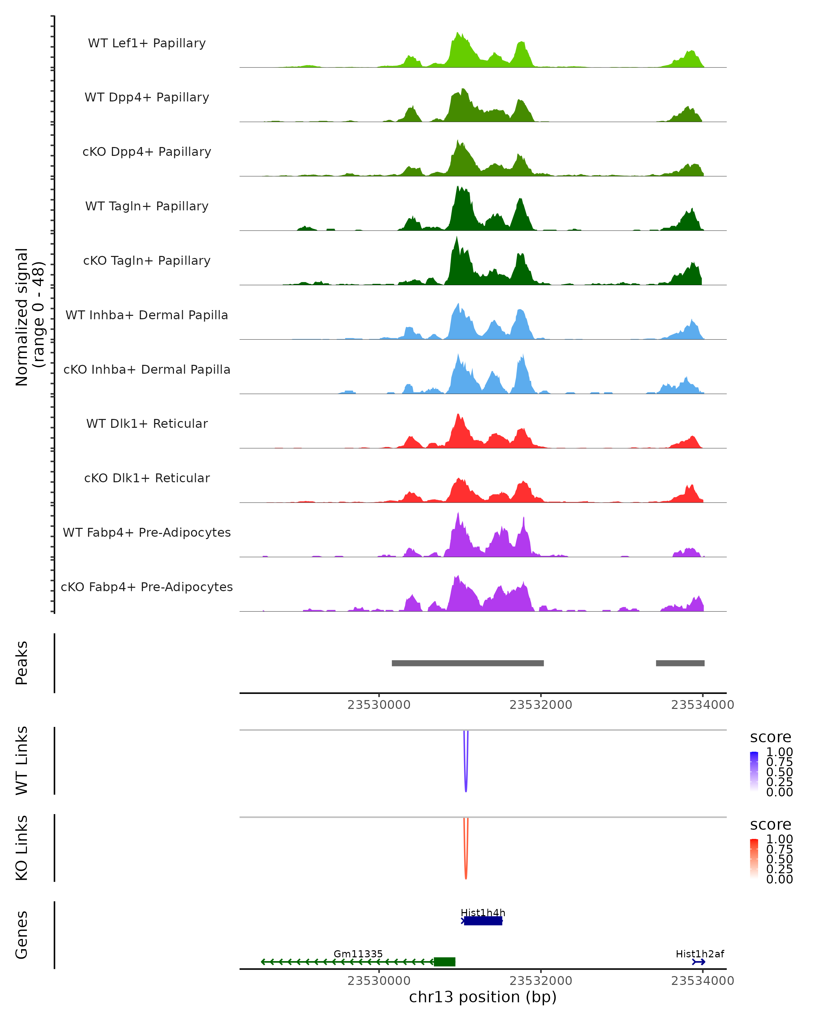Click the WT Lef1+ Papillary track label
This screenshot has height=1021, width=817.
(147, 43)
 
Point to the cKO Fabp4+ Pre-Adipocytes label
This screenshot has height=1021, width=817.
(147, 587)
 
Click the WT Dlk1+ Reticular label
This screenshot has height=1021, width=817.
(147, 423)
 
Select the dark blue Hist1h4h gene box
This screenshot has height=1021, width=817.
(483, 921)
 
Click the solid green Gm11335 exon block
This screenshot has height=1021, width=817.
(444, 962)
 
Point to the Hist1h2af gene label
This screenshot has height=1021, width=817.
(700, 954)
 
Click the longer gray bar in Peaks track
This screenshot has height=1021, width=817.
(467, 663)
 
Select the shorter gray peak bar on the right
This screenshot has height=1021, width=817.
(680, 663)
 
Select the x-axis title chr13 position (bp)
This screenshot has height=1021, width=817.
(483, 997)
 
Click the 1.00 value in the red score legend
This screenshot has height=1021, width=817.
(779, 839)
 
